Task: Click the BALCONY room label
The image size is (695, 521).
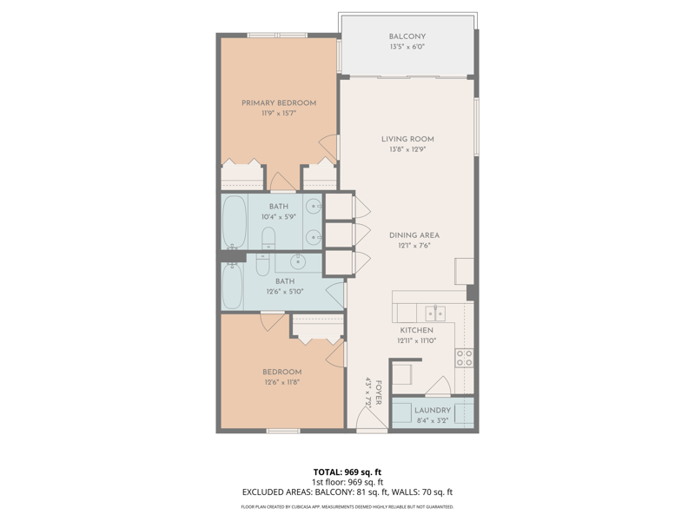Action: [x=407, y=36]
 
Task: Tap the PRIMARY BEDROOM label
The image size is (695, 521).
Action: [x=279, y=102]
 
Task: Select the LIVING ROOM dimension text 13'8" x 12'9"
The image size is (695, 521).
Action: [x=407, y=149]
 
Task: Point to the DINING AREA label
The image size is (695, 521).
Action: [x=414, y=235]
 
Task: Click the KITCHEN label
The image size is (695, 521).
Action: [x=417, y=330]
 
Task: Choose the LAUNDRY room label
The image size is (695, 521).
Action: [x=433, y=410]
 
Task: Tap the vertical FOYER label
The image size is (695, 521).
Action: [x=378, y=392]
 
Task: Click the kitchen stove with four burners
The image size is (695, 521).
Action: [x=465, y=358]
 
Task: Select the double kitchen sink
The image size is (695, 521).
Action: [x=435, y=313]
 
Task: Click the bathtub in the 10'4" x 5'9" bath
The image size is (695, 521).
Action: [x=234, y=222]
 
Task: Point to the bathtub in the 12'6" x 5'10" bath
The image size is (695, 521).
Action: [x=232, y=287]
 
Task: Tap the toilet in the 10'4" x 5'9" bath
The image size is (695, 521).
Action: [x=268, y=238]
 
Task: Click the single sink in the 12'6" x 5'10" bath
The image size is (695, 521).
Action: [x=298, y=262]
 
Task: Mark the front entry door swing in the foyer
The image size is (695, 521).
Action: [x=366, y=418]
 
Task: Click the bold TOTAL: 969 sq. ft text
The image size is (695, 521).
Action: [x=347, y=472]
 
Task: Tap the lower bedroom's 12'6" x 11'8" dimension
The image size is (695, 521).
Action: [x=281, y=382]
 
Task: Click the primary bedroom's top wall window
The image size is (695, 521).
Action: [x=277, y=35]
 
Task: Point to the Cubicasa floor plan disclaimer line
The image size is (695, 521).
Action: [x=347, y=507]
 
